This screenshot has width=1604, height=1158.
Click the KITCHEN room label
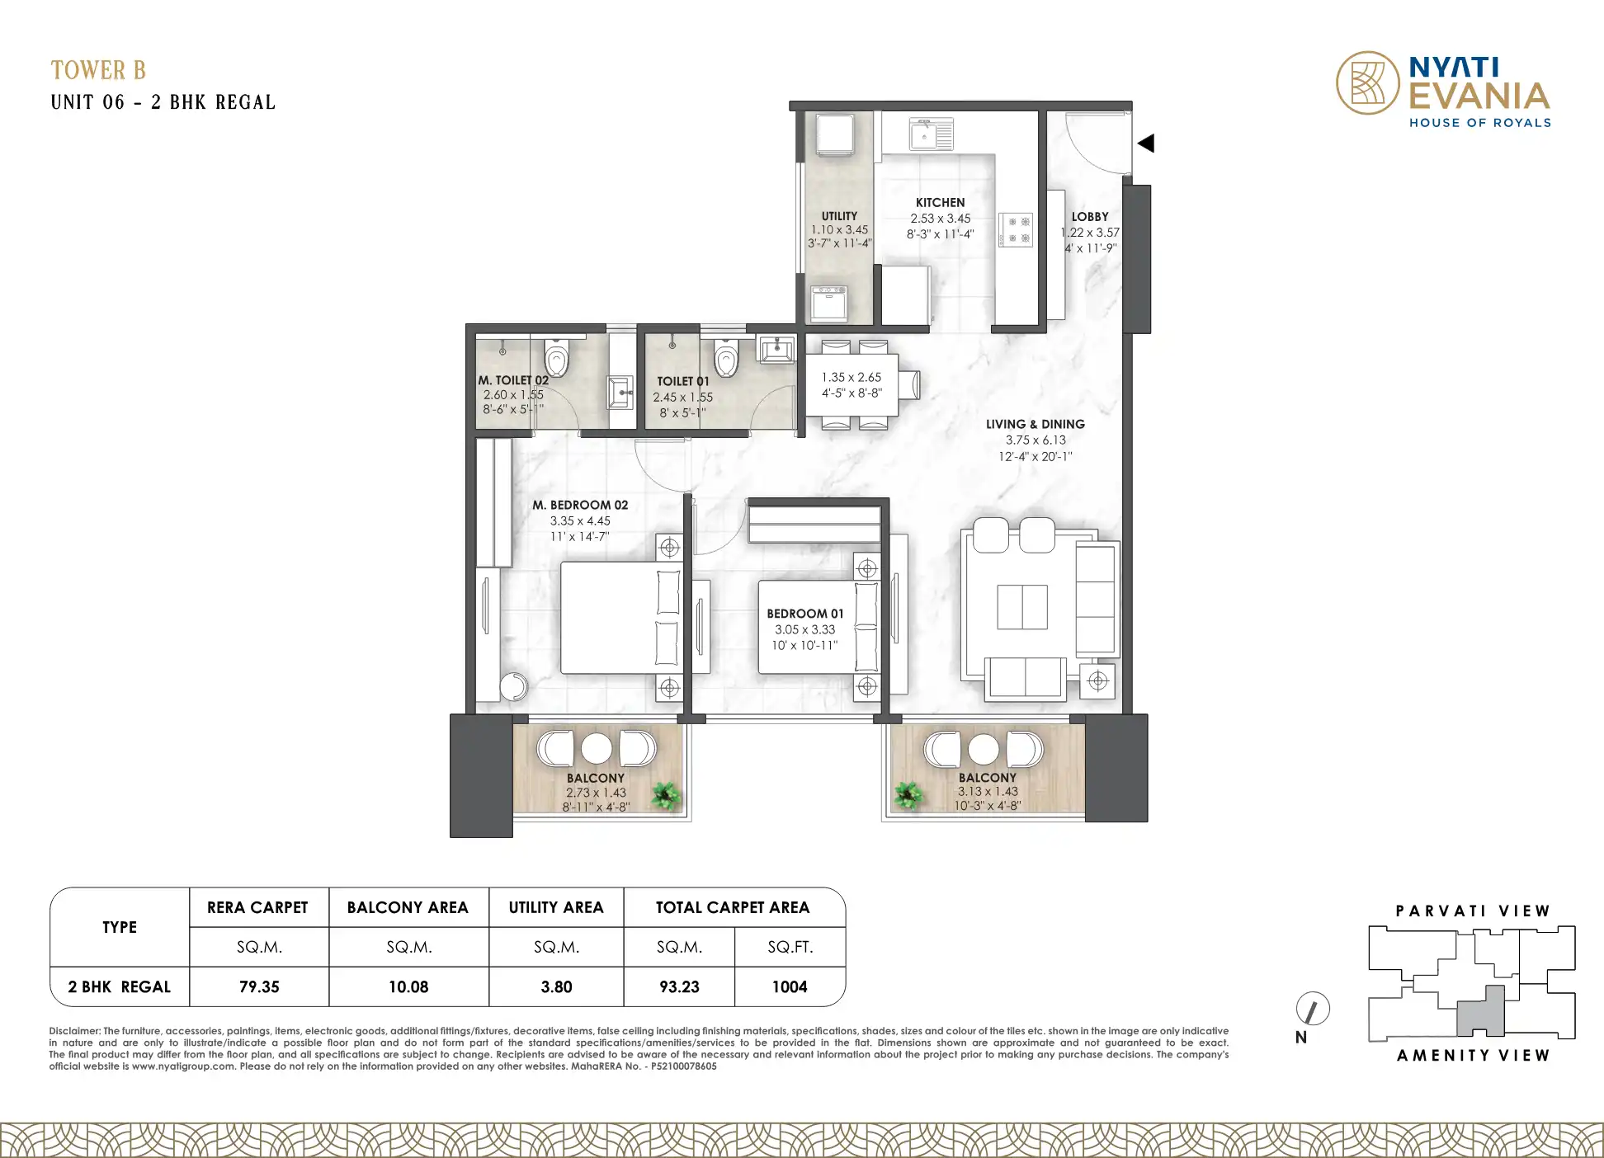940,202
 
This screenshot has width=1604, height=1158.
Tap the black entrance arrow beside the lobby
1145,144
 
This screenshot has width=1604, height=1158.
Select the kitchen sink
932,134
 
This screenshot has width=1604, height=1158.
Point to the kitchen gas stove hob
1016,229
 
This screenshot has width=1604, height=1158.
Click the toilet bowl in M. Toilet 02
557,358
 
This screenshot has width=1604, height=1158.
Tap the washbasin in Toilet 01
776,349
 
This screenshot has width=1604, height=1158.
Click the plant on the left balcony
666,796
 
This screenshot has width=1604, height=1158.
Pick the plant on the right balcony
908,796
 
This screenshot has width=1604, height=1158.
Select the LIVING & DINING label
1036,424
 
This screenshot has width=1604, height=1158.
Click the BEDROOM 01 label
805,614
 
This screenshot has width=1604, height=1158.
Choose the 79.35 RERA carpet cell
259,986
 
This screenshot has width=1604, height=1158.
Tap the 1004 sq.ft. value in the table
790,986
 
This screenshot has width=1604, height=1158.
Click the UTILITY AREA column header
556,907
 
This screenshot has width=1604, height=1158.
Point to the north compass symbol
1313,1009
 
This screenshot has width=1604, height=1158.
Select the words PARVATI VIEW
1473,911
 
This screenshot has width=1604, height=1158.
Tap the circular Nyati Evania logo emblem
1368,82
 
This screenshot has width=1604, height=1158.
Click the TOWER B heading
98,70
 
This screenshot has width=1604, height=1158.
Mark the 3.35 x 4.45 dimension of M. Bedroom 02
580,521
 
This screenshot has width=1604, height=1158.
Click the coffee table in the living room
1022,607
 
